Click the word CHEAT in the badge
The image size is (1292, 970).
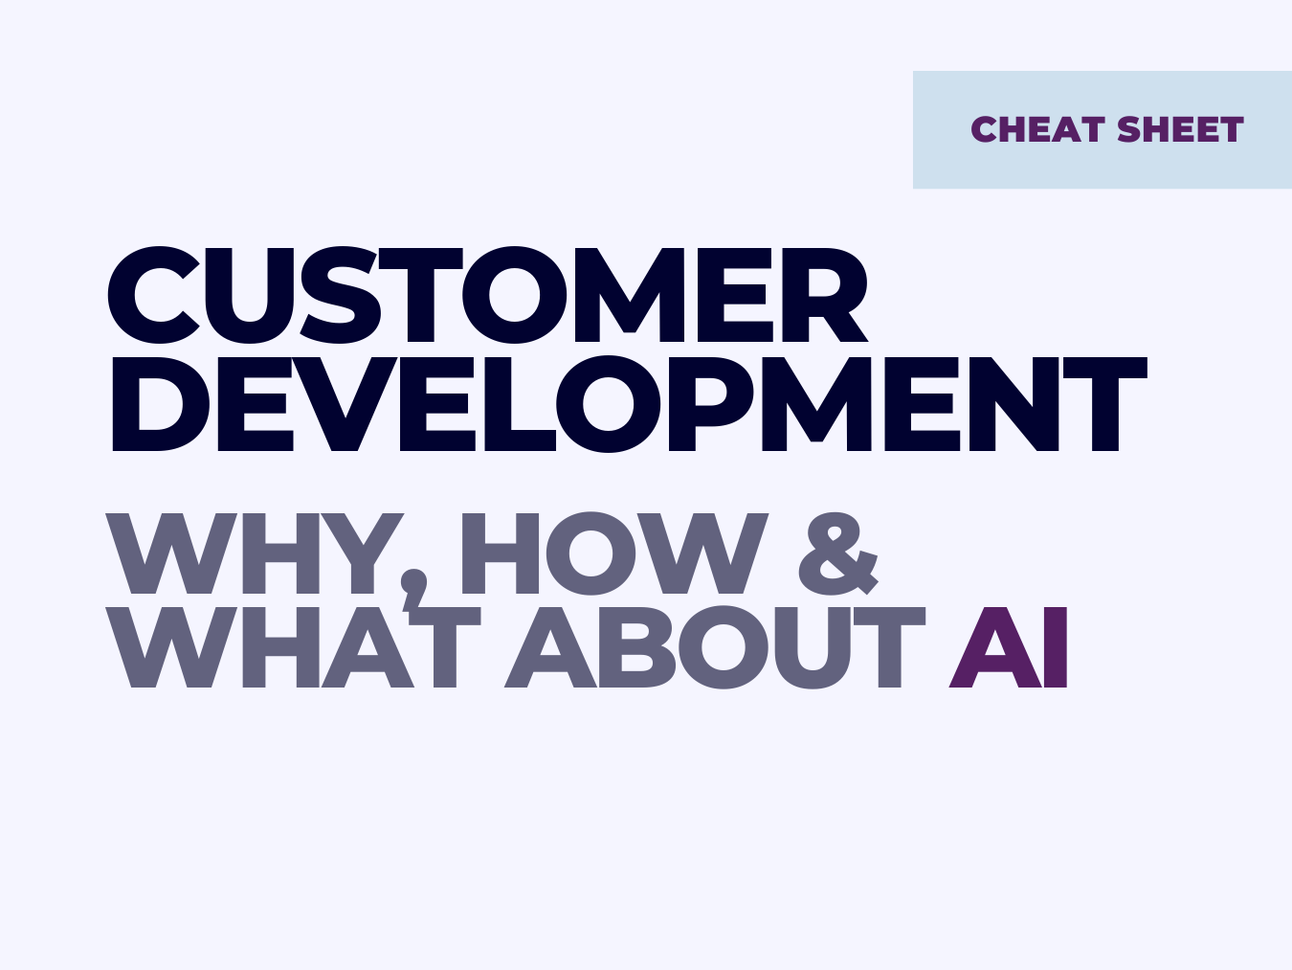click(1038, 129)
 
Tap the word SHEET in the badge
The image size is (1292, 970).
click(1179, 129)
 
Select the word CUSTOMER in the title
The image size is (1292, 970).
click(487, 295)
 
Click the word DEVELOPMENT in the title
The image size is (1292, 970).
click(628, 404)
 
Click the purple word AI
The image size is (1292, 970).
click(1009, 647)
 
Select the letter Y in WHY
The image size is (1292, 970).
click(363, 554)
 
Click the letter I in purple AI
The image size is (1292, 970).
click(1055, 647)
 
